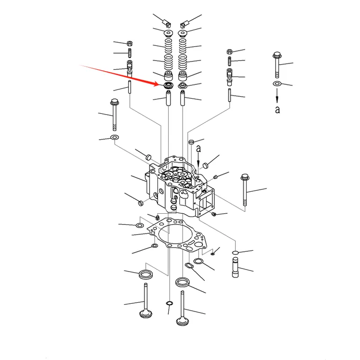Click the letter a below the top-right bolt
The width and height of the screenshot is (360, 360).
(x=277, y=110)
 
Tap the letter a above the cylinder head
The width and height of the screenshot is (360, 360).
(x=199, y=149)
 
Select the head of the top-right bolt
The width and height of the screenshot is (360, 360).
(x=277, y=55)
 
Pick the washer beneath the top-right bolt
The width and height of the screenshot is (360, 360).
(x=277, y=83)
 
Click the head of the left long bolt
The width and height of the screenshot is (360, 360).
(x=114, y=102)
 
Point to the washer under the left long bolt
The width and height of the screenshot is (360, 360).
(x=114, y=137)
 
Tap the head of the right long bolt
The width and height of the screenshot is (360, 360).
(x=245, y=177)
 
